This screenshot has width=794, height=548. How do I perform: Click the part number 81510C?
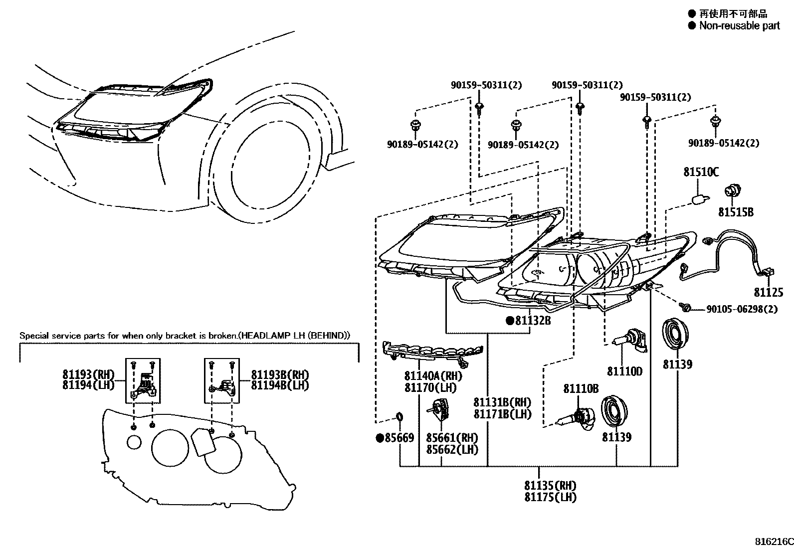(701, 173)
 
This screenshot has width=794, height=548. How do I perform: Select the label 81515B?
(736, 212)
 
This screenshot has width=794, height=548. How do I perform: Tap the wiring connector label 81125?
(768, 293)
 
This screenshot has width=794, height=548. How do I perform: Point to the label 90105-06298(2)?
(742, 310)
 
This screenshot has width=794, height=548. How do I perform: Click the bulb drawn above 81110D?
(629, 341)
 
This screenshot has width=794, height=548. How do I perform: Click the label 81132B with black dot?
(533, 321)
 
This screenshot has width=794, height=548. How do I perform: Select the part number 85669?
(398, 438)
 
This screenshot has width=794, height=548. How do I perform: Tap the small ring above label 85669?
(399, 416)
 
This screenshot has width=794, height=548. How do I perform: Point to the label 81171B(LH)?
(502, 414)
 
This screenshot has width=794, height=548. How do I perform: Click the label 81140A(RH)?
(433, 376)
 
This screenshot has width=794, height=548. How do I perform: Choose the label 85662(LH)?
(452, 449)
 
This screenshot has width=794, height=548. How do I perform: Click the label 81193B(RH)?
(280, 375)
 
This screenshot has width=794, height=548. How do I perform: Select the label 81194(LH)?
(88, 385)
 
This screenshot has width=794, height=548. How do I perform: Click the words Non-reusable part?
(739, 26)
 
